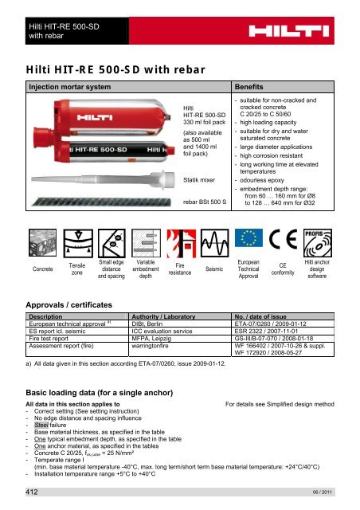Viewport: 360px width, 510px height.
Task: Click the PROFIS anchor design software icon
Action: pos(331,240)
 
